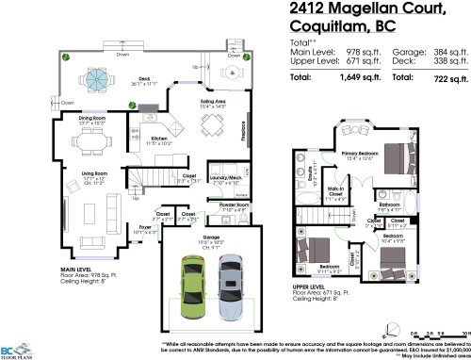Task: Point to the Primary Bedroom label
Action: point(360,152)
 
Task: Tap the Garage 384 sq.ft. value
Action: point(449,53)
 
